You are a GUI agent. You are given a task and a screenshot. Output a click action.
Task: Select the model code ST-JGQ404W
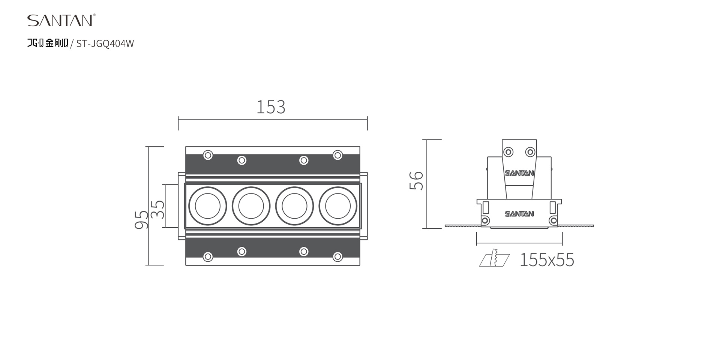tap(105, 44)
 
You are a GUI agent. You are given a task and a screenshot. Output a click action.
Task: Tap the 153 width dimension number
tap(271, 107)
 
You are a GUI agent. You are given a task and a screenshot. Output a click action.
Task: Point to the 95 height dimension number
tap(141, 219)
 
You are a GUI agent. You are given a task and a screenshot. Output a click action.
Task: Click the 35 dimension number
tap(158, 209)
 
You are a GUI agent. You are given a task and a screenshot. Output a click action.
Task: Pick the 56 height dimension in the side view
tap(416, 181)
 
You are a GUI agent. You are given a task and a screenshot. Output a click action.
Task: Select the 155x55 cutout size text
tap(547, 260)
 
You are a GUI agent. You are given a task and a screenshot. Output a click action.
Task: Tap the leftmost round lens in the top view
tap(207, 206)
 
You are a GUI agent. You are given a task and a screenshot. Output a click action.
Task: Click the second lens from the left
tap(251, 206)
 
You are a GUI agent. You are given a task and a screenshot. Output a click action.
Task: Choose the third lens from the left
tap(294, 206)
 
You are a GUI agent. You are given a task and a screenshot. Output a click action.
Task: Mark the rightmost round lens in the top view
tap(338, 206)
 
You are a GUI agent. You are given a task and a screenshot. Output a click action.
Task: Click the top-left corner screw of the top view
tap(208, 155)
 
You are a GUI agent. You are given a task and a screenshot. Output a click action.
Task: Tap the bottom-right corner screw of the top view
tap(337, 257)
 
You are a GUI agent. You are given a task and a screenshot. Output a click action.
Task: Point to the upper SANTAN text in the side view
tap(519, 173)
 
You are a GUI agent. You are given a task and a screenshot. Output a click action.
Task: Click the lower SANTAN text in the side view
tap(519, 214)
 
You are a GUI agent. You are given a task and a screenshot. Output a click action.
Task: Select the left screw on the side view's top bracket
tap(508, 152)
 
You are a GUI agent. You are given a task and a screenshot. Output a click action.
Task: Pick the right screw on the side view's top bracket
tap(530, 152)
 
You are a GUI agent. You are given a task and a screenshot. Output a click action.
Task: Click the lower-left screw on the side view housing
tap(485, 220)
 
